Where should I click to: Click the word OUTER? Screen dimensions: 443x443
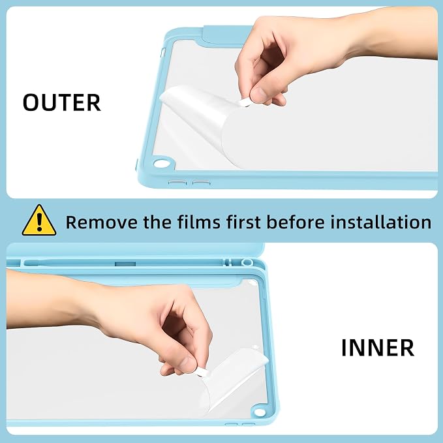click(61, 102)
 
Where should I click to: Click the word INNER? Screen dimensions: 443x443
click(378, 348)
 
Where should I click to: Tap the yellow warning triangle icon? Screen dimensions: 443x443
click(39, 221)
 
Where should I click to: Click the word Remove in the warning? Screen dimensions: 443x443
click(102, 222)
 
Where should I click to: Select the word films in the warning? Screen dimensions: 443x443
click(199, 222)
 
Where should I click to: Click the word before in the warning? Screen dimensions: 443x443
click(296, 222)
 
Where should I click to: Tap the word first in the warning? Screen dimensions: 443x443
click(243, 222)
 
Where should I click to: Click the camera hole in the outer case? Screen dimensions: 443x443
click(160, 164)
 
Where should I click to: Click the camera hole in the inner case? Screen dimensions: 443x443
click(259, 412)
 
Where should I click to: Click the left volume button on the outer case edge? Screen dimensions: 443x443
click(178, 183)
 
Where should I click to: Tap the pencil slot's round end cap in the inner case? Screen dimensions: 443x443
click(247, 262)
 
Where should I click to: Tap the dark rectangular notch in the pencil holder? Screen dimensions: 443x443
click(125, 264)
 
